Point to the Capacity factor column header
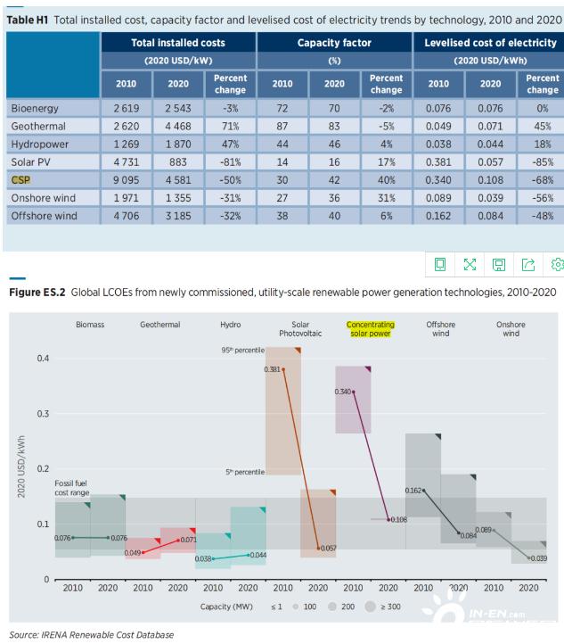(x=334, y=42)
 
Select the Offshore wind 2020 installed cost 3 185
(x=179, y=215)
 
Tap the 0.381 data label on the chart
(x=273, y=368)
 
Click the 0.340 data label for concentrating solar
(x=343, y=391)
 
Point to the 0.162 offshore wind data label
(x=413, y=490)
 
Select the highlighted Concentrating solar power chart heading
(x=370, y=330)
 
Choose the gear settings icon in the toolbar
(x=558, y=264)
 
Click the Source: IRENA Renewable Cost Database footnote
(x=92, y=634)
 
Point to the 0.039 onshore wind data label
(x=539, y=557)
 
